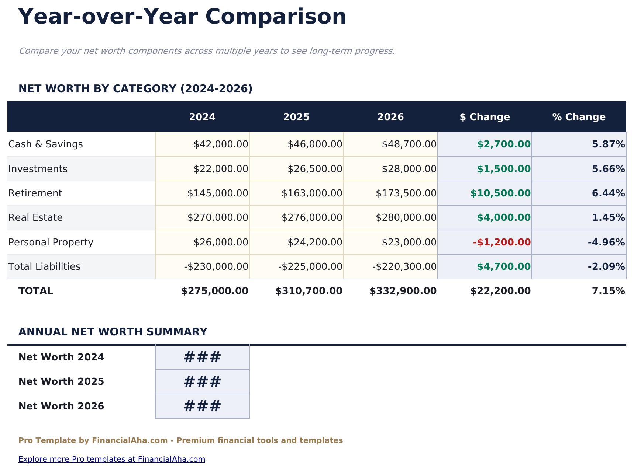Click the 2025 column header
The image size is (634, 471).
pos(296,117)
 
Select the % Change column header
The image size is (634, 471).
pos(579,117)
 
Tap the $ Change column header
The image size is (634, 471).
pos(485,117)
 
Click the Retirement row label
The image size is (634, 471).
pos(35,193)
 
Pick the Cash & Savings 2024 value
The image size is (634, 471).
pos(221,144)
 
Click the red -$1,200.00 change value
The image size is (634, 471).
pos(502,242)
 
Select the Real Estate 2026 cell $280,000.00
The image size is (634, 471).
pos(406,217)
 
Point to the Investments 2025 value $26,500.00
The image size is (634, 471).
pos(315,169)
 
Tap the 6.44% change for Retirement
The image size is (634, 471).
pos(608,193)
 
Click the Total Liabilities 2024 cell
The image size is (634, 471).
pos(216,266)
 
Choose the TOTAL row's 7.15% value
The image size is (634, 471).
pos(608,291)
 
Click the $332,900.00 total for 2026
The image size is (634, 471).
pos(403,291)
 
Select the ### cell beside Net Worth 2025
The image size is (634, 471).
pos(202,382)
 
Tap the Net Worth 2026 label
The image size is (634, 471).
pos(61,406)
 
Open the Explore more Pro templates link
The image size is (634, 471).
pos(111,459)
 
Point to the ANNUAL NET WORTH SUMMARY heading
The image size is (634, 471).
pos(113,332)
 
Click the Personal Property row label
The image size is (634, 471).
pos(51,242)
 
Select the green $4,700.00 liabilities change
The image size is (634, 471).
pos(503,266)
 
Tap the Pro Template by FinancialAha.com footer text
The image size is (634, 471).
pos(180,440)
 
